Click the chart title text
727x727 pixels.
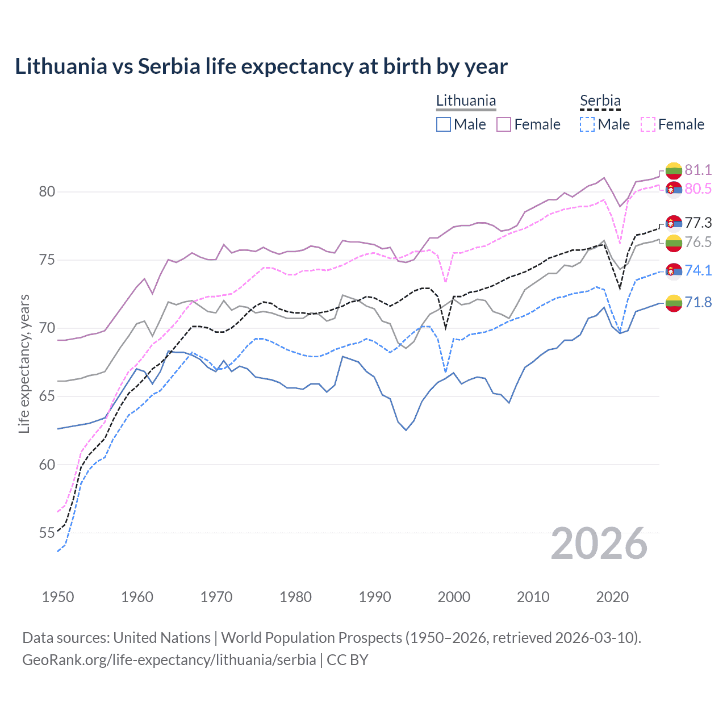(x=261, y=66)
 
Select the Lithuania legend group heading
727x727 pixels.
(x=466, y=101)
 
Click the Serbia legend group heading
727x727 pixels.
(x=600, y=101)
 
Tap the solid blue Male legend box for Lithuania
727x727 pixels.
(x=444, y=124)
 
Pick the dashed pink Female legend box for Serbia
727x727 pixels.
(x=648, y=124)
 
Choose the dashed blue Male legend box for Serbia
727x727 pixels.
(x=587, y=124)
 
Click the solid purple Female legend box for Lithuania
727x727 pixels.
(x=504, y=124)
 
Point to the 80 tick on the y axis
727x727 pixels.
(x=47, y=192)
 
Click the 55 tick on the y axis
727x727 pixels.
(x=47, y=533)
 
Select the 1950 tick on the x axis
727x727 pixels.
(x=58, y=597)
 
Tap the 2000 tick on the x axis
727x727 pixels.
(x=454, y=597)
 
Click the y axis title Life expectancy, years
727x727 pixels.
(x=24, y=363)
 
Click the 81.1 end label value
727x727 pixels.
(x=698, y=170)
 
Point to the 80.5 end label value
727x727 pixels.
(x=698, y=189)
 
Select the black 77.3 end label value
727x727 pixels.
(x=698, y=223)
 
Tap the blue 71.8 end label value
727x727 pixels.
(x=698, y=302)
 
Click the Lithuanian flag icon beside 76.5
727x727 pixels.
(x=674, y=243)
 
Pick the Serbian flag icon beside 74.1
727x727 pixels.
(x=674, y=270)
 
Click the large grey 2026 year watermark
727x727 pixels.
(x=599, y=544)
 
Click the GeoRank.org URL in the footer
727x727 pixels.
(x=169, y=660)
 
